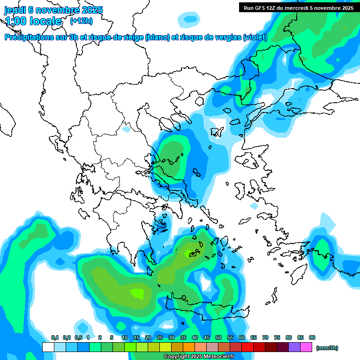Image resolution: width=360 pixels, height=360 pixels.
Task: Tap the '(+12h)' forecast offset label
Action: click(81, 21)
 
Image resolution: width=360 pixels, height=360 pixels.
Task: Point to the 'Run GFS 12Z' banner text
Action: click(262, 7)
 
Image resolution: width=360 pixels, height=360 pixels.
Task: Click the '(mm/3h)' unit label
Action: click(327, 348)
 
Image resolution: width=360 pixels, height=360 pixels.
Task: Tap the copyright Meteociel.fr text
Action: click(199, 356)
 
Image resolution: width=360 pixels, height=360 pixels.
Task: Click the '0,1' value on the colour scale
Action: click(54, 338)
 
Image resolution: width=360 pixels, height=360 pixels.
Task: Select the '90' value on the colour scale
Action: click(312, 338)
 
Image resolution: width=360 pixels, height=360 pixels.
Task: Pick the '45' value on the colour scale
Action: click(207, 338)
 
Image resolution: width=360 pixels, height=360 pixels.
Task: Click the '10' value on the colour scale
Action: click(125, 338)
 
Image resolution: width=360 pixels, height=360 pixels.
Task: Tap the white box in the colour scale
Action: click(48, 347)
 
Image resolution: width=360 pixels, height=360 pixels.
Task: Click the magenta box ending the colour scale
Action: click(306, 347)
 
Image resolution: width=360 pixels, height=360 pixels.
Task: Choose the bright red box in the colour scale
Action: click(247, 347)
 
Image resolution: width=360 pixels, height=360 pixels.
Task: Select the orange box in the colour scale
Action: click(189, 347)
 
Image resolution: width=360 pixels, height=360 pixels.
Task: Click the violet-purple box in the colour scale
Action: click(294, 347)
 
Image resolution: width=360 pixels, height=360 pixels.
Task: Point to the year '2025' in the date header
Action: click(92, 10)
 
